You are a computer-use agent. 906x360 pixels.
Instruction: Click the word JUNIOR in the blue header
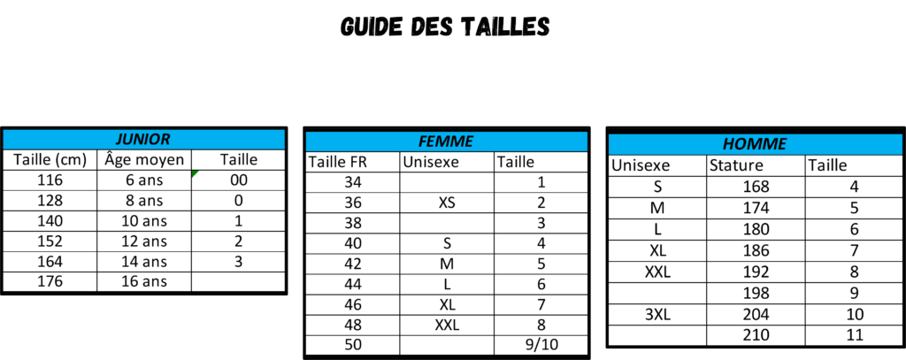coord(143,140)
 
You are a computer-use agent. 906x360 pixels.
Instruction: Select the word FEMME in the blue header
coord(446,142)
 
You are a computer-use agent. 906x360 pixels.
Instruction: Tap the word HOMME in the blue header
coord(755,144)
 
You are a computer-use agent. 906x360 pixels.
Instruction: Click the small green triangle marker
coord(195,174)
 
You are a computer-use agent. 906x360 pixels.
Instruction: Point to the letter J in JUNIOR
coord(120,140)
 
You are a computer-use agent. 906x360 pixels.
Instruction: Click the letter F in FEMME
coord(423,142)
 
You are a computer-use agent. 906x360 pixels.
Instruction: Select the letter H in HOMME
coord(729,144)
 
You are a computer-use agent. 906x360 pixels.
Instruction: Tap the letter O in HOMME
coord(741,144)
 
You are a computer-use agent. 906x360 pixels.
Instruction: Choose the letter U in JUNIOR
coord(129,140)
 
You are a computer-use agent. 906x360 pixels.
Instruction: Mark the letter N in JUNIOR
coord(140,140)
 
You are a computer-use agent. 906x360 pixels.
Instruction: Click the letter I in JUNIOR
coord(148,140)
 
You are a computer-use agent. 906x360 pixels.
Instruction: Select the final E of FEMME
coord(469,142)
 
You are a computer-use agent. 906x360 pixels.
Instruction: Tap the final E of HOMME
coord(781,144)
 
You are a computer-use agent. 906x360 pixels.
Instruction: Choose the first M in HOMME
coord(755,144)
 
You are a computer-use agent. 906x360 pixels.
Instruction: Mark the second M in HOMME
coord(769,144)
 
